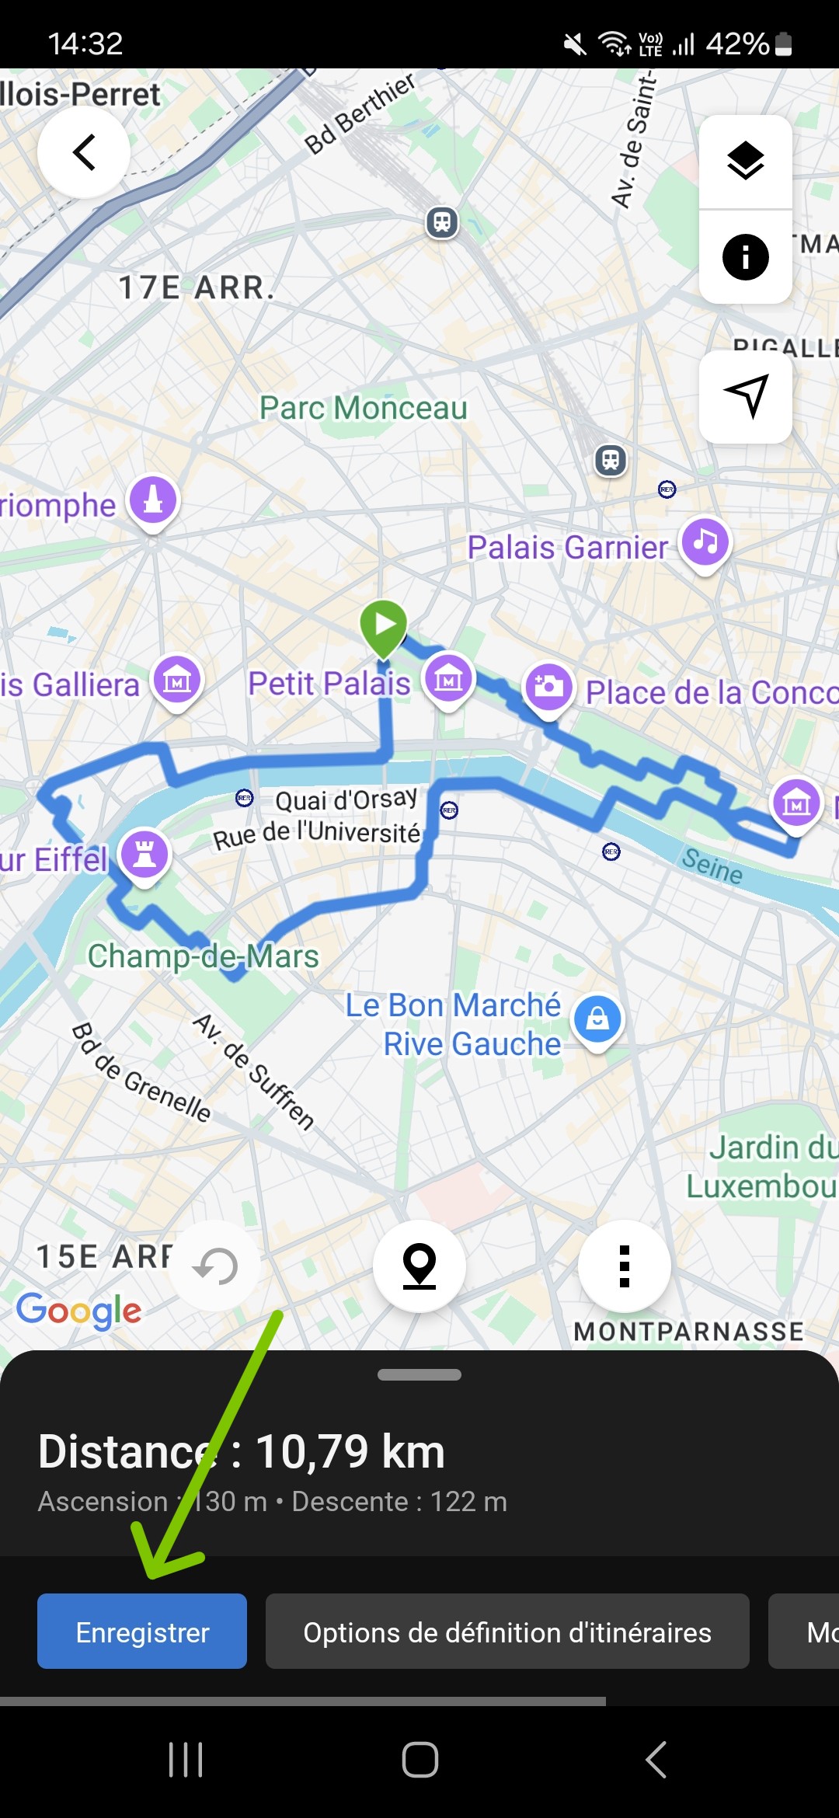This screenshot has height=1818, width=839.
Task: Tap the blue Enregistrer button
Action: pyautogui.click(x=142, y=1632)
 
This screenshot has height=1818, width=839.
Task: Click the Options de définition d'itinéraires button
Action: pyautogui.click(x=507, y=1632)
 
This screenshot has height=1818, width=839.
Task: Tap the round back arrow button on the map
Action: pyautogui.click(x=84, y=152)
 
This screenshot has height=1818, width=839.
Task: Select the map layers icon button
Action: pyautogui.click(x=745, y=162)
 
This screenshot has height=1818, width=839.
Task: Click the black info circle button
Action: pyautogui.click(x=745, y=256)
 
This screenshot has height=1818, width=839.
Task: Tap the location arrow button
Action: pyautogui.click(x=745, y=396)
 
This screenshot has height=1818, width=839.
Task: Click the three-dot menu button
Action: pyautogui.click(x=624, y=1266)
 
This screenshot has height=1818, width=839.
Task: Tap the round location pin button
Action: pyautogui.click(x=419, y=1266)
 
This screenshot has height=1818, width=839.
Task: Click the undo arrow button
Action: pyautogui.click(x=215, y=1266)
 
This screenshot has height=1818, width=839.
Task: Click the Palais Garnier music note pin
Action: pyautogui.click(x=705, y=541)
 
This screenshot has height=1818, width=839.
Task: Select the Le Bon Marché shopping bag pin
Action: pyautogui.click(x=597, y=1018)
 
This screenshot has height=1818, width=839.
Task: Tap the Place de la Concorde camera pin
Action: pyautogui.click(x=548, y=687)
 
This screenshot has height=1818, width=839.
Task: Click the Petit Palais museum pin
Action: pyautogui.click(x=448, y=678)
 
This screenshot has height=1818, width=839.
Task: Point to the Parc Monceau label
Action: pyautogui.click(x=363, y=408)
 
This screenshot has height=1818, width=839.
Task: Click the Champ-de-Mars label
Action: pyautogui.click(x=203, y=956)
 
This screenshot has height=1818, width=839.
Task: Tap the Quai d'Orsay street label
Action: pyautogui.click(x=346, y=799)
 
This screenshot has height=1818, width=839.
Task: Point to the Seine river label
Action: pyautogui.click(x=712, y=865)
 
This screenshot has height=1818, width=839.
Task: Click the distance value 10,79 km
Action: pyautogui.click(x=350, y=1451)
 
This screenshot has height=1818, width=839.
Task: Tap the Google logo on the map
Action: pyautogui.click(x=78, y=1311)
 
